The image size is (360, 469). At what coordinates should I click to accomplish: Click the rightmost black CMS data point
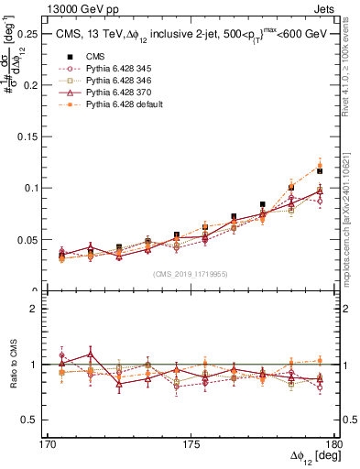[x=320, y=171]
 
